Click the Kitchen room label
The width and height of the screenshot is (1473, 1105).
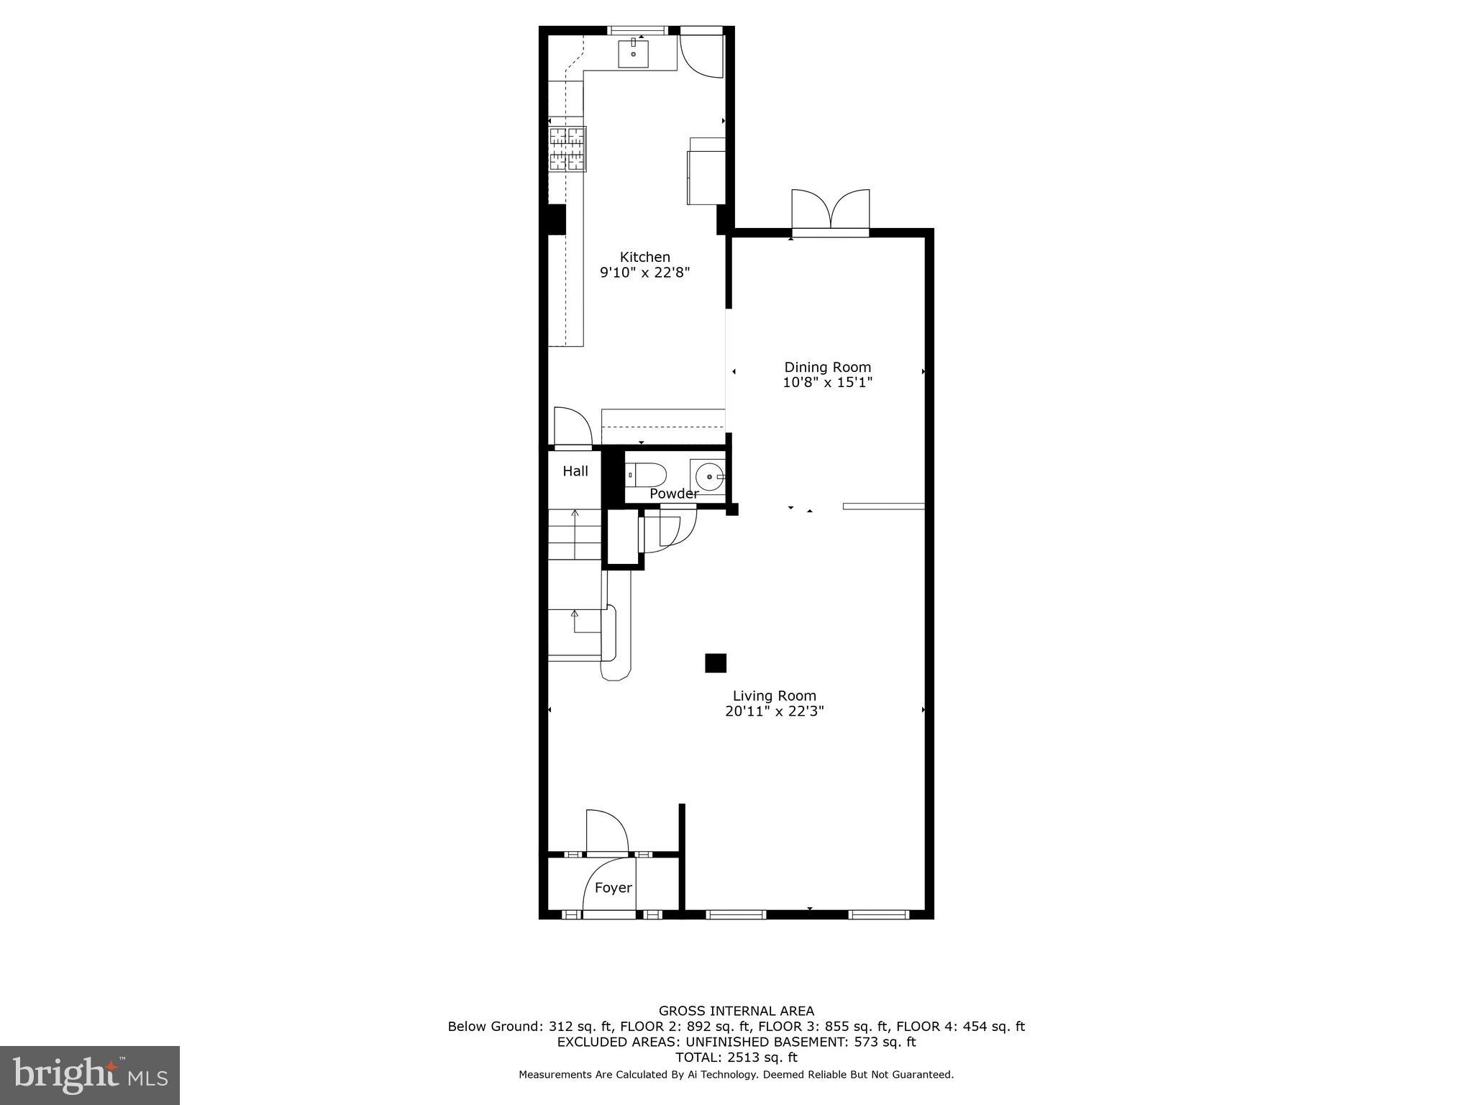645,257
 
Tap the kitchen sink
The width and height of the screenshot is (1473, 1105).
634,54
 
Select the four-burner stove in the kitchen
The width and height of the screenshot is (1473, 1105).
567,149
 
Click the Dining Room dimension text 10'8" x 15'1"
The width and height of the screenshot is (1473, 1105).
827,383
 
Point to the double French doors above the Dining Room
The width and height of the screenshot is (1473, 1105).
831,210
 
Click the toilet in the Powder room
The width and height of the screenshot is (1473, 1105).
646,475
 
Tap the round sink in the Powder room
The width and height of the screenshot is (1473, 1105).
710,476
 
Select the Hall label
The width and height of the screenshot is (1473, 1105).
575,471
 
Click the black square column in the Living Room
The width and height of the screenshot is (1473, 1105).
716,663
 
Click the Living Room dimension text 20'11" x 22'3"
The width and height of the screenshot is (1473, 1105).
774,711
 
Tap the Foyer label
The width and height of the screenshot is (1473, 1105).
613,888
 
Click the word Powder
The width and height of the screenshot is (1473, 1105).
673,494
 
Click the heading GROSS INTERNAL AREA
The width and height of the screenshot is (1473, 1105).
736,1011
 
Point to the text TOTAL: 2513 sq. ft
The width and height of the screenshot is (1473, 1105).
736,1057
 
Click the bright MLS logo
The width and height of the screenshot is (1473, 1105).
90,1075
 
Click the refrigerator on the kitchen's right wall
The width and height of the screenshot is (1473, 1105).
706,177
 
